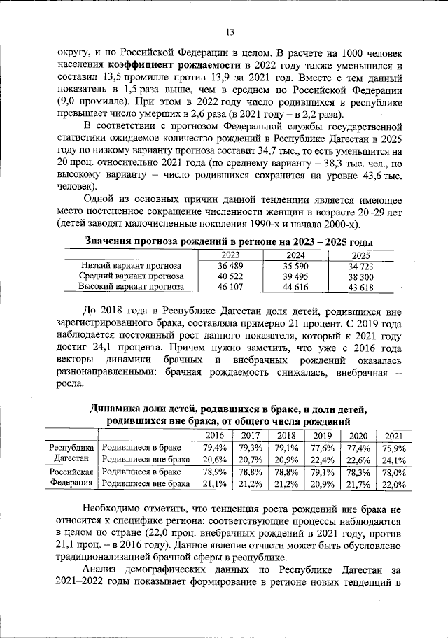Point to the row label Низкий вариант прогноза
(132, 266)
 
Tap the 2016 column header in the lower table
(214, 435)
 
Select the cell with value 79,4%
(214, 448)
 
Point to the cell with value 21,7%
(358, 483)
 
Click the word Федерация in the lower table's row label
(70, 483)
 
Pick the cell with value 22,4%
(322, 460)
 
